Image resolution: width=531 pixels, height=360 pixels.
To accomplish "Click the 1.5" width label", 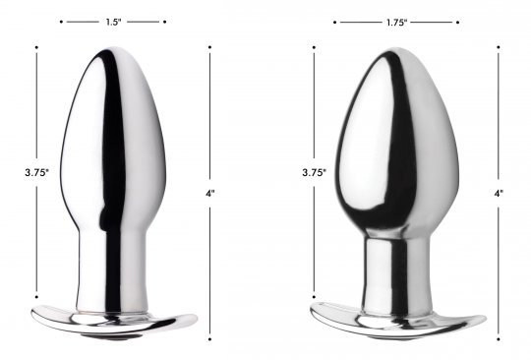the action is [x=113, y=22].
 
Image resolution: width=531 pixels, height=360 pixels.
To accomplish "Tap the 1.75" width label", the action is [x=396, y=23].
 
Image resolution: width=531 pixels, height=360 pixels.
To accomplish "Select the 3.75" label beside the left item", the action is [x=37, y=172].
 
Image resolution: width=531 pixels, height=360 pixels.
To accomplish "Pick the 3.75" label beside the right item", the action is [x=315, y=172].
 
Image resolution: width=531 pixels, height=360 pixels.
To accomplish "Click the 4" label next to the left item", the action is [x=210, y=194].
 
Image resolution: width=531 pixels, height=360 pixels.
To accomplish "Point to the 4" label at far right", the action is [x=499, y=194].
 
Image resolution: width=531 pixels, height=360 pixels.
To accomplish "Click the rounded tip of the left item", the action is [x=113, y=51].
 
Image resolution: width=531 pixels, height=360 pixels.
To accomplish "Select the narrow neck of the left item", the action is [x=113, y=268].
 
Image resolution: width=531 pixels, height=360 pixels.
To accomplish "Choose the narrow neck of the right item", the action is [x=397, y=270].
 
